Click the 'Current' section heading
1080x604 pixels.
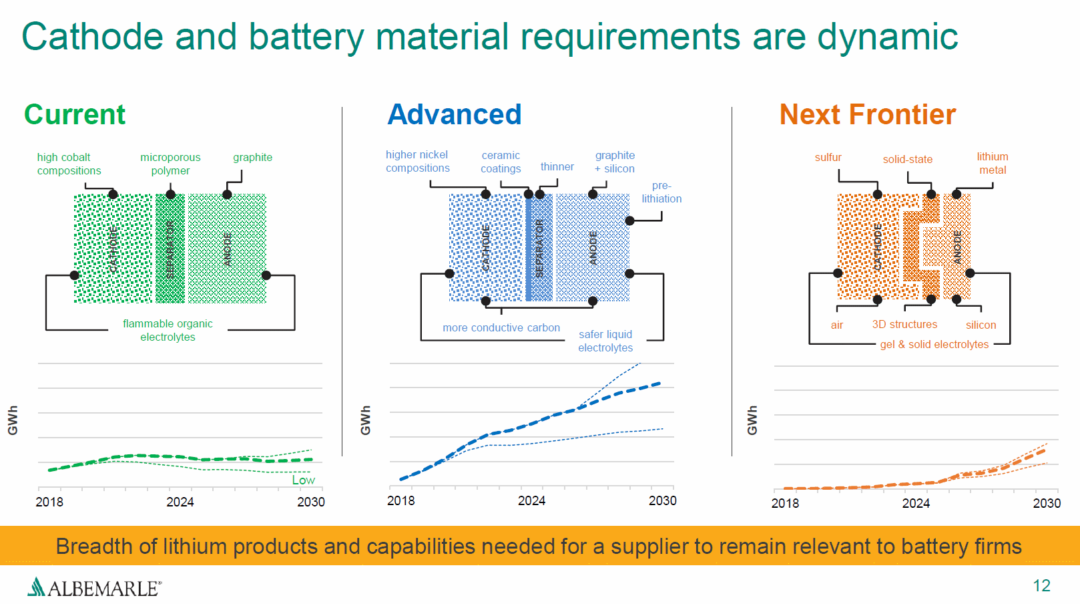(75, 115)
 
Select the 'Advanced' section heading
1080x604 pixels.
(455, 115)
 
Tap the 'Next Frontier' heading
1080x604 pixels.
(868, 115)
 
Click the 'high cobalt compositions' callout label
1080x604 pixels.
(69, 164)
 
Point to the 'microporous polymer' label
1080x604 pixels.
(170, 164)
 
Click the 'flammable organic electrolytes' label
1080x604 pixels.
(168, 330)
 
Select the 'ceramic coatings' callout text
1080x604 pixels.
(501, 162)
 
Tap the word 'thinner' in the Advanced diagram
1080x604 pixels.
(557, 166)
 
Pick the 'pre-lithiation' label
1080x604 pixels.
(661, 192)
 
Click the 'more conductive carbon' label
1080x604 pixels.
(501, 327)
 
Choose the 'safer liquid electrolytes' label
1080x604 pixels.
(605, 341)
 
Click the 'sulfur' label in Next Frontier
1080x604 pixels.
(828, 157)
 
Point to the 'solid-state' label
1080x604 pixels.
(908, 159)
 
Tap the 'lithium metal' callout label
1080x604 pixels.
(993, 163)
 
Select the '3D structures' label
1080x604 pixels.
(904, 324)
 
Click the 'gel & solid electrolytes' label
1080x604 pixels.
(934, 344)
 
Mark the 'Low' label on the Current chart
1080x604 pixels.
(303, 480)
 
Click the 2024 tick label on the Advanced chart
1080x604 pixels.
(532, 500)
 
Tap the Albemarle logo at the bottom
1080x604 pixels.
(94, 587)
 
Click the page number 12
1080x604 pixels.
(1041, 585)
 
